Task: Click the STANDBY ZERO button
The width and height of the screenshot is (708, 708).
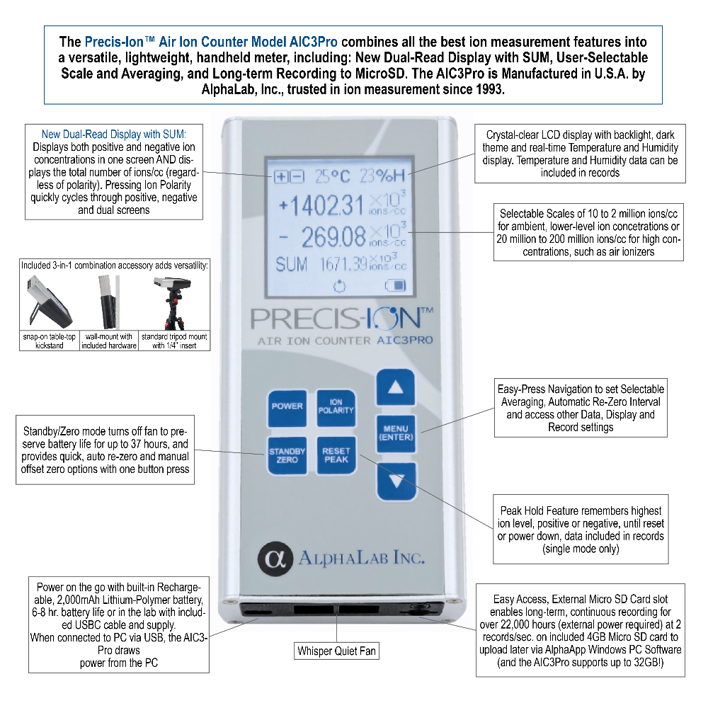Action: pos(286,455)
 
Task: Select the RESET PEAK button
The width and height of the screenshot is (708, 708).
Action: pos(336,455)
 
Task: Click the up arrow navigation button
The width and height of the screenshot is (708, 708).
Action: pos(396,388)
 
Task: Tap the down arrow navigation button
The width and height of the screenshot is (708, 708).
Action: pos(396,482)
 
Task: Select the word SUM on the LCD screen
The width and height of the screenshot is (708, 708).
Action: pos(291,265)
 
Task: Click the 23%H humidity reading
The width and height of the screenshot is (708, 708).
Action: pos(383,176)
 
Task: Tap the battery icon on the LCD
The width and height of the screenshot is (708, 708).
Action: pos(395,286)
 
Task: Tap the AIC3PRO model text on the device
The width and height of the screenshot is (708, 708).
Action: pos(404,340)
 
